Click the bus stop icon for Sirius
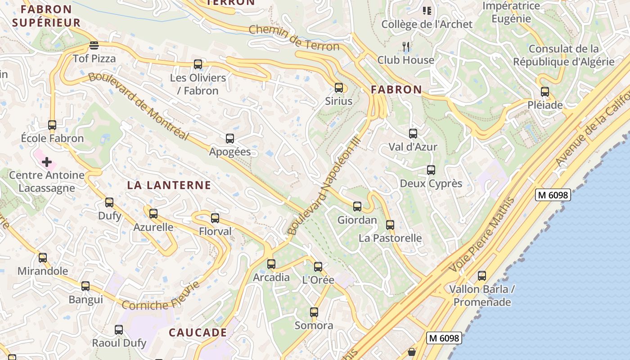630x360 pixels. [338, 88]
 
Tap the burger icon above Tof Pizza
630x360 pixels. [94, 45]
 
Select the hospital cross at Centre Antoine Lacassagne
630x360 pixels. [47, 162]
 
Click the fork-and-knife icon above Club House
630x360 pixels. [406, 46]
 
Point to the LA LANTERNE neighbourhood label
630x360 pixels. [169, 185]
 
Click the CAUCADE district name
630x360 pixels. [198, 333]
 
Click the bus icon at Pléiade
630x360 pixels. [545, 92]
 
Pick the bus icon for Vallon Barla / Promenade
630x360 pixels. [482, 276]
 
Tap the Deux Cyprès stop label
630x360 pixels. [431, 184]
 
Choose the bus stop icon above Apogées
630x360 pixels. [230, 139]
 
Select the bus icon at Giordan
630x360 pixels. [357, 207]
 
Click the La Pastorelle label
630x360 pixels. [390, 238]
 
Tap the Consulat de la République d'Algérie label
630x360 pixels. [564, 55]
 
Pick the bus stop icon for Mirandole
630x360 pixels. [43, 258]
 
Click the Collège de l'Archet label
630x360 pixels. [427, 24]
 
